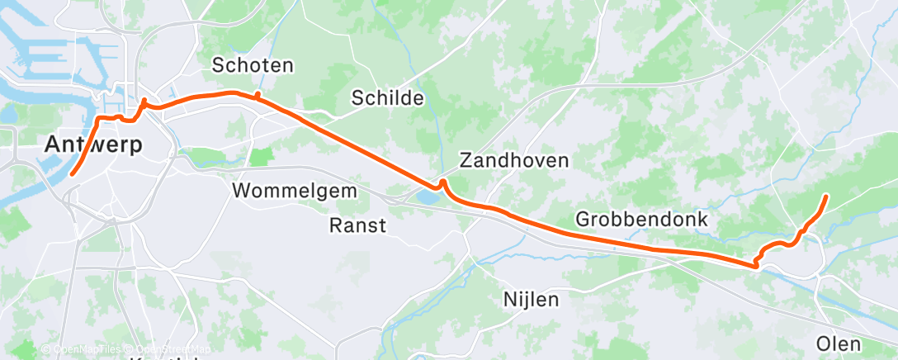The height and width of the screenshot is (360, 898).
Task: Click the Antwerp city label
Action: point(93,144)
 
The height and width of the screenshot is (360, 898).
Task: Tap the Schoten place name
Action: point(253,65)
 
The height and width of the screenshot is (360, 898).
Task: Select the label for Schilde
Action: point(387,98)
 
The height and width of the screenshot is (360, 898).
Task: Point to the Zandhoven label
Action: point(514,159)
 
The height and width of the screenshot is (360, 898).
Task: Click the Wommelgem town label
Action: point(295,191)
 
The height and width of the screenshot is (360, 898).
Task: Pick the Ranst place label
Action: point(357,225)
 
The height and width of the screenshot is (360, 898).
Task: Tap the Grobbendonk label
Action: point(642,220)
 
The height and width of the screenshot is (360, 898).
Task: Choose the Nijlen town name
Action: point(531,299)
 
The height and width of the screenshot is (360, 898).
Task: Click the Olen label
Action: point(838,343)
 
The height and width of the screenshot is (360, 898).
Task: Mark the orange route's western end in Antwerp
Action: point(72,174)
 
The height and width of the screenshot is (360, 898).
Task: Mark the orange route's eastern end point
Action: point(827,196)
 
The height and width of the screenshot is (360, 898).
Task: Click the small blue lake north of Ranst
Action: point(428,197)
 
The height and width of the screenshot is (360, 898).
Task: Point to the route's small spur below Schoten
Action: point(258,96)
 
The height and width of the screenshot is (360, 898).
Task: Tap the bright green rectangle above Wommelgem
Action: point(261,156)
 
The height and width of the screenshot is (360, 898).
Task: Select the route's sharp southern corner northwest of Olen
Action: point(755,265)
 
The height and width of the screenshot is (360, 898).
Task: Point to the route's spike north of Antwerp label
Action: point(144,102)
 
